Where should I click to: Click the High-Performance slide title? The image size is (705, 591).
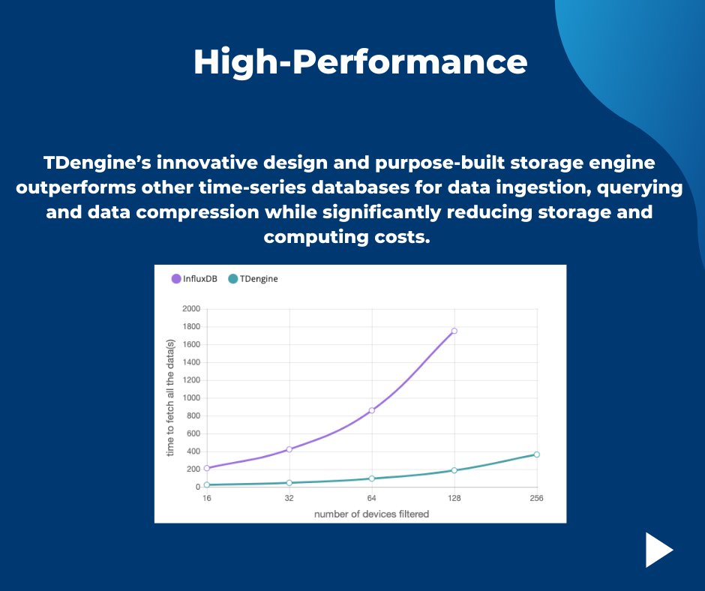pyautogui.click(x=360, y=62)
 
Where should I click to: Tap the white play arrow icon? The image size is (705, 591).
pyautogui.click(x=658, y=550)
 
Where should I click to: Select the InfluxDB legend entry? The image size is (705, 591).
pyautogui.click(x=199, y=278)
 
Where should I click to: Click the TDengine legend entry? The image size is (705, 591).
pyautogui.click(x=253, y=278)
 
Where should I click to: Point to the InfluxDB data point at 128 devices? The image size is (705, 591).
pyautogui.click(x=454, y=331)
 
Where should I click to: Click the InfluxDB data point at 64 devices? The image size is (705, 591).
pyautogui.click(x=371, y=410)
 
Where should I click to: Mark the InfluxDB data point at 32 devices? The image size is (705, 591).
pyautogui.click(x=289, y=449)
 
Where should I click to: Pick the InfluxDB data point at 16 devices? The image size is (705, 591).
pyautogui.click(x=207, y=468)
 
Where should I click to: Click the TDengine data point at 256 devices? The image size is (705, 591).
pyautogui.click(x=536, y=454)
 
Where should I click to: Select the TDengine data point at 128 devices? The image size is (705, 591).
pyautogui.click(x=454, y=470)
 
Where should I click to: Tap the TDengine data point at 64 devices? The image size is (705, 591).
pyautogui.click(x=371, y=478)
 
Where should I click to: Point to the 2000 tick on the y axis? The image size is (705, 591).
pyautogui.click(x=191, y=309)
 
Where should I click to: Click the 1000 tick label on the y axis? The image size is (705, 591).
pyautogui.click(x=191, y=398)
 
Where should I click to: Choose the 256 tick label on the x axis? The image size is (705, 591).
pyautogui.click(x=536, y=499)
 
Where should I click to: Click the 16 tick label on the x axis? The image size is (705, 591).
pyautogui.click(x=207, y=499)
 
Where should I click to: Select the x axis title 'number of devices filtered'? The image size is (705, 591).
pyautogui.click(x=371, y=514)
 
